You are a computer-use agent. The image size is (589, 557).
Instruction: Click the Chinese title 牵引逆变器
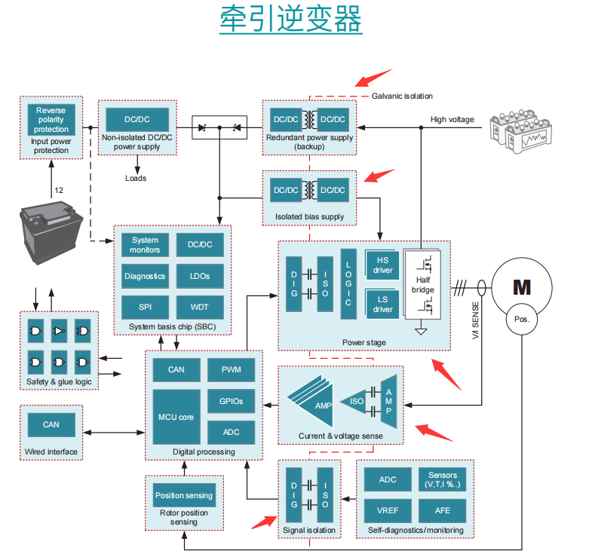tap(291, 20)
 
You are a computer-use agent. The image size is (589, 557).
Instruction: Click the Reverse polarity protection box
tap(51, 119)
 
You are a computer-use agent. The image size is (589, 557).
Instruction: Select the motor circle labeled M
tap(522, 287)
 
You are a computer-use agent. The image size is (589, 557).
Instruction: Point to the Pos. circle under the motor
tap(522, 319)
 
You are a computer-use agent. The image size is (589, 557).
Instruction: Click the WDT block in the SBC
tap(201, 307)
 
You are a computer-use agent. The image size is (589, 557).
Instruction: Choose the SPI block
tap(145, 307)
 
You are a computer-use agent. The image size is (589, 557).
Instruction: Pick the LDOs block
tap(201, 276)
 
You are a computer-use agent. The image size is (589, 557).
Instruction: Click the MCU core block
tap(176, 417)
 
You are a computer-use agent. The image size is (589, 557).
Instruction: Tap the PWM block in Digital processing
tap(231, 369)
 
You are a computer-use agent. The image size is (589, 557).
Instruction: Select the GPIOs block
tap(231, 401)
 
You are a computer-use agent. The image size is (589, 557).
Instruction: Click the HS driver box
tap(382, 265)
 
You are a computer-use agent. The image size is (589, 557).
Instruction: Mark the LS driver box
tap(382, 304)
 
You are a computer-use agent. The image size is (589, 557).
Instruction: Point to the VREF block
tap(388, 510)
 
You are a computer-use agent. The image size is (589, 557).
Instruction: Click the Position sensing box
tap(184, 495)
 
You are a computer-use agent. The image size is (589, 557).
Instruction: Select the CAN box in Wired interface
tap(51, 424)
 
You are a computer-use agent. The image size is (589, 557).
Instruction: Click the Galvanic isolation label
tap(402, 96)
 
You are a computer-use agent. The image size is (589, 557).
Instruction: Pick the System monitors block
tap(145, 245)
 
